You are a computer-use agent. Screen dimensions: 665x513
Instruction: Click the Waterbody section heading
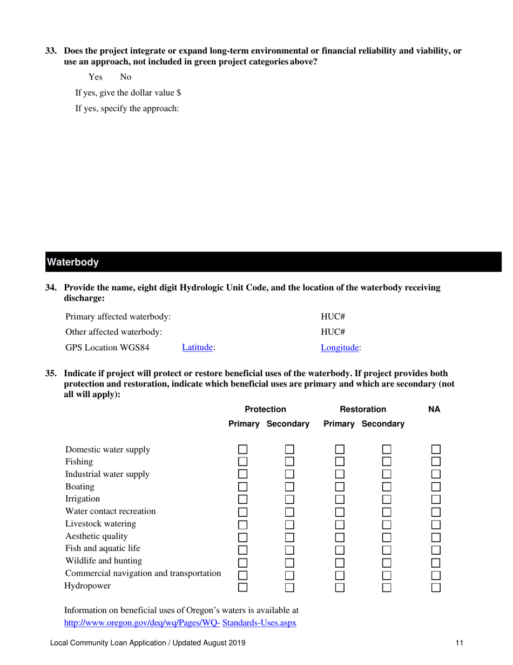point(73,263)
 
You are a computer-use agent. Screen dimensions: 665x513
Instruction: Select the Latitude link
point(198,348)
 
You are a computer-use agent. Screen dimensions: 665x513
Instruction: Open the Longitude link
point(340,348)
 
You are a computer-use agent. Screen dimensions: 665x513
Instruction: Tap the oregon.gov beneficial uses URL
point(180,622)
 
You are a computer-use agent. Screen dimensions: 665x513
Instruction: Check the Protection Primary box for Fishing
point(243,462)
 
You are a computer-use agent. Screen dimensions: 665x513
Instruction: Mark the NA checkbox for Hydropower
point(436,586)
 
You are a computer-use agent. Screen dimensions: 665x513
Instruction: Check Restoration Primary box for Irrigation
point(339,499)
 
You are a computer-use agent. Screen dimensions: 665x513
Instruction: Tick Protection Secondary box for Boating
point(290,487)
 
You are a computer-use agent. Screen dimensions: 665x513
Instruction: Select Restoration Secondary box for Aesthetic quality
point(387,536)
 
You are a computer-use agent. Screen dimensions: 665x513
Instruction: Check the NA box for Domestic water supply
point(436,449)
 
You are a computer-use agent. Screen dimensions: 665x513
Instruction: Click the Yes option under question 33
point(96,77)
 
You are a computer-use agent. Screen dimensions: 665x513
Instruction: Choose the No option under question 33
point(125,77)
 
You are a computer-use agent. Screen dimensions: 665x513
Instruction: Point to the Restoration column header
point(367,409)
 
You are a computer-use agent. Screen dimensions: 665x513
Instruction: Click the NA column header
point(434,409)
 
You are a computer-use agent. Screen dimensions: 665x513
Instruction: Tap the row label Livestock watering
point(100,524)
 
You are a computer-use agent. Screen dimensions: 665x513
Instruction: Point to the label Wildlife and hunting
point(104,561)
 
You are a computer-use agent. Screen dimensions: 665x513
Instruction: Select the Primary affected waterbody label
point(118,316)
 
